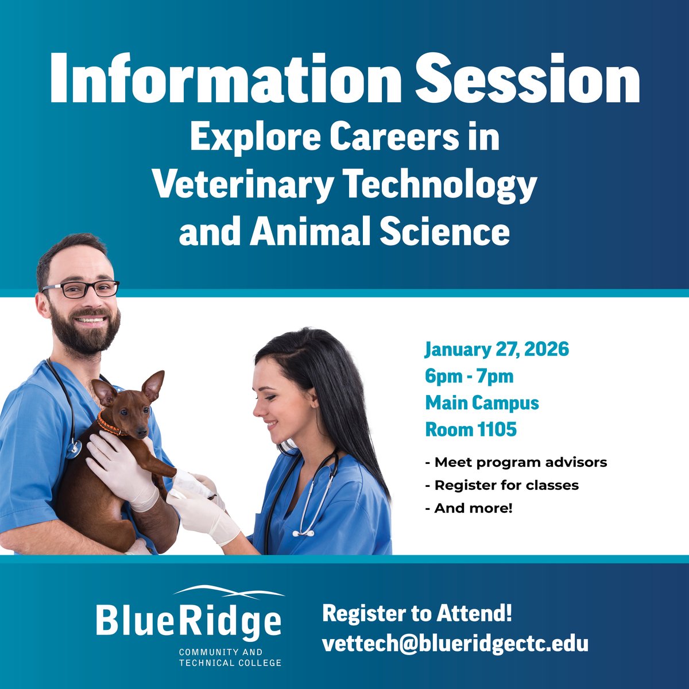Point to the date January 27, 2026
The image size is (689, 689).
point(497,349)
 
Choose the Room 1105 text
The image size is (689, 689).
point(470,429)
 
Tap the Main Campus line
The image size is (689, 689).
point(482,402)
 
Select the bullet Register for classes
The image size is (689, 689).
point(502,485)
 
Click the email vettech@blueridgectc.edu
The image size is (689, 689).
point(455,643)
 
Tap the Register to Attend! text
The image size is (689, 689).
point(417,613)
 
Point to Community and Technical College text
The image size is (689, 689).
point(230,657)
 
